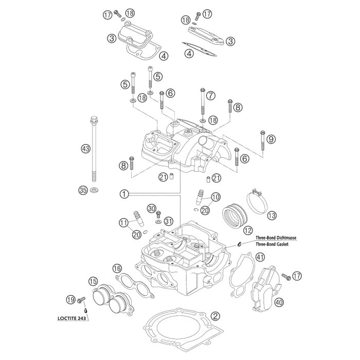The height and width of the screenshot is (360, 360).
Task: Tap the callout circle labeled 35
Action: pyautogui.click(x=82, y=190)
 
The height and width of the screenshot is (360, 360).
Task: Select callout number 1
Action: pyautogui.click(x=123, y=194)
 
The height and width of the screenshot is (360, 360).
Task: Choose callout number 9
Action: pyautogui.click(x=271, y=138)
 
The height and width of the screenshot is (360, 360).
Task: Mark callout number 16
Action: pyautogui.click(x=117, y=268)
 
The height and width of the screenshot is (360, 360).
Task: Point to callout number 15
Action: pyautogui.click(x=93, y=281)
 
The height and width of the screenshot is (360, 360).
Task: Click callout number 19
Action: pyautogui.click(x=70, y=299)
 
